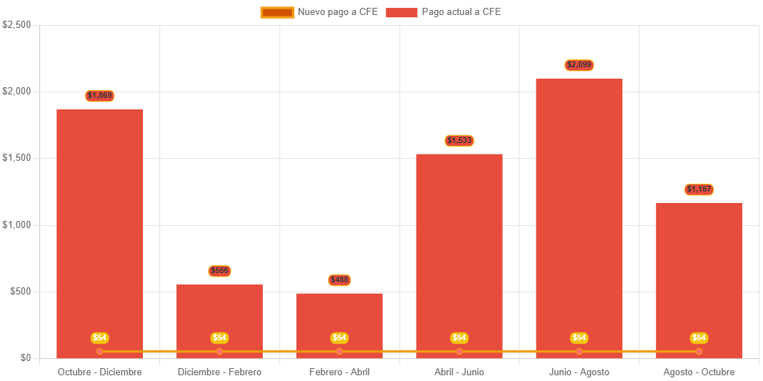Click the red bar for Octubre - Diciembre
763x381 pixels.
(100, 229)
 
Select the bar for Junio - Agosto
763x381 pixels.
(579, 214)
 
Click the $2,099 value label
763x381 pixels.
(579, 65)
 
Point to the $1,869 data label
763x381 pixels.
(100, 96)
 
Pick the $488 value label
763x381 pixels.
(339, 280)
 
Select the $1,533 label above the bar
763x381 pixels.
(459, 141)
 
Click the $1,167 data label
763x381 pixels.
(699, 189)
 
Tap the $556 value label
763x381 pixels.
(219, 271)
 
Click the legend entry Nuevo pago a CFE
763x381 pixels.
(319, 12)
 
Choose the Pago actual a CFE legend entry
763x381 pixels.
(444, 12)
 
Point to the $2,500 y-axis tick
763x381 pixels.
(16, 24)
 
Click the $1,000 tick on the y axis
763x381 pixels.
(16, 224)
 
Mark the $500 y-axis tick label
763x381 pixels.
(21, 291)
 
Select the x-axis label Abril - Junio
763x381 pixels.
(459, 372)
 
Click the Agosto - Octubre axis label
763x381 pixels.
(699, 372)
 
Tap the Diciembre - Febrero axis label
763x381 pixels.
(219, 372)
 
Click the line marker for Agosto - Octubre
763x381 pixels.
(699, 351)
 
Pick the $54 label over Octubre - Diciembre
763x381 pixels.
(100, 337)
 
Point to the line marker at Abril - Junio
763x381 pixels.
(459, 351)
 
